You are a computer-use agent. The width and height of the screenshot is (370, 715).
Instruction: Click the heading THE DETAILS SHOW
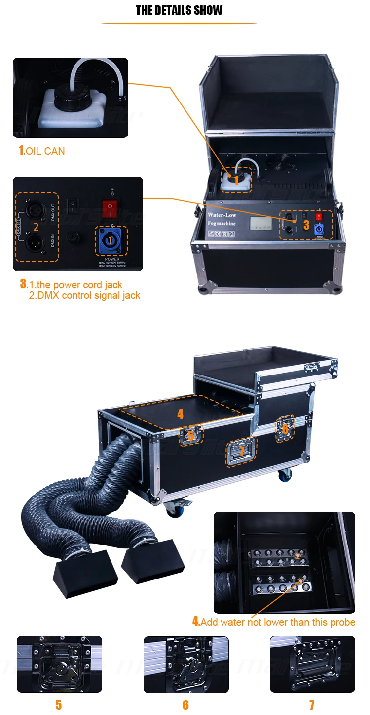(179, 10)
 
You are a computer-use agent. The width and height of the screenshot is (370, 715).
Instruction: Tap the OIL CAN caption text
(41, 151)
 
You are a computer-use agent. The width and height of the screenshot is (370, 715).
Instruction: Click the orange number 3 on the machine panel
(306, 225)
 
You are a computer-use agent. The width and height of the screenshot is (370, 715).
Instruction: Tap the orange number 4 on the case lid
(180, 414)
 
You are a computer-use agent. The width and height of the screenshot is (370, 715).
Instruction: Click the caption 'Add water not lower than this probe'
(273, 622)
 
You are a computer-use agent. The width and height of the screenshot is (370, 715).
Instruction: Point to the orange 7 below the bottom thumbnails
(312, 705)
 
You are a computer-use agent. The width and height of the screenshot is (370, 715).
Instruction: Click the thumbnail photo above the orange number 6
(186, 664)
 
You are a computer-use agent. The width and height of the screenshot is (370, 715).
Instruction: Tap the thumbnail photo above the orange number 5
(59, 664)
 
